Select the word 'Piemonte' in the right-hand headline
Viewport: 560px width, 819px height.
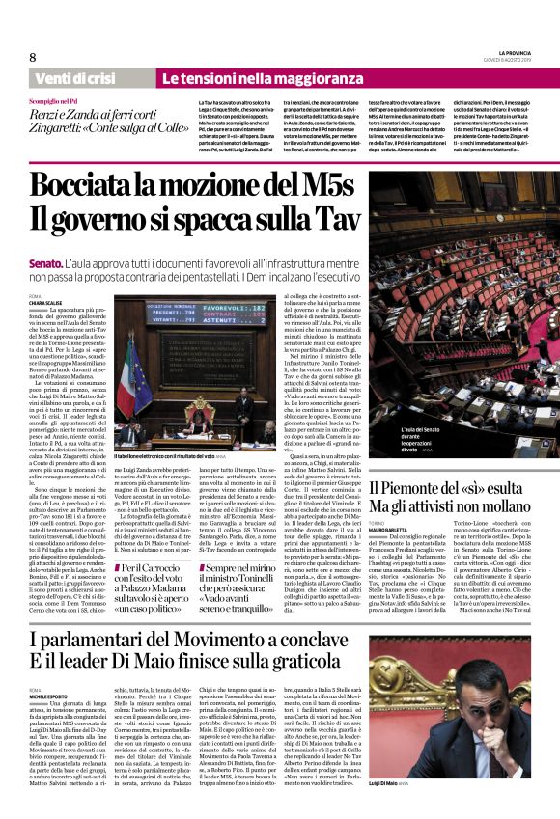(415, 490)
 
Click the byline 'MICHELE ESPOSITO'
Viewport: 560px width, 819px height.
(54, 694)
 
